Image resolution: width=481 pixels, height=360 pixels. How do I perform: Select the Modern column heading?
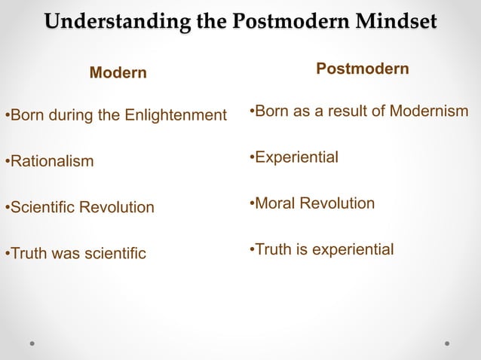click(x=118, y=73)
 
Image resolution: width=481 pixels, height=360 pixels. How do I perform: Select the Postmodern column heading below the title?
click(x=363, y=69)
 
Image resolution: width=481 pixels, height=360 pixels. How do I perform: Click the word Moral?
click(x=275, y=203)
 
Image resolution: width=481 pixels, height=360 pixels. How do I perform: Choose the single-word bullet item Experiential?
click(x=296, y=157)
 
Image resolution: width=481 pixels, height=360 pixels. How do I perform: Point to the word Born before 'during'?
click(x=26, y=116)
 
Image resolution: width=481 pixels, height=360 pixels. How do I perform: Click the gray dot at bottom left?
click(x=32, y=343)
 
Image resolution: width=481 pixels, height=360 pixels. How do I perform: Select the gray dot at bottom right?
click(x=447, y=343)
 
